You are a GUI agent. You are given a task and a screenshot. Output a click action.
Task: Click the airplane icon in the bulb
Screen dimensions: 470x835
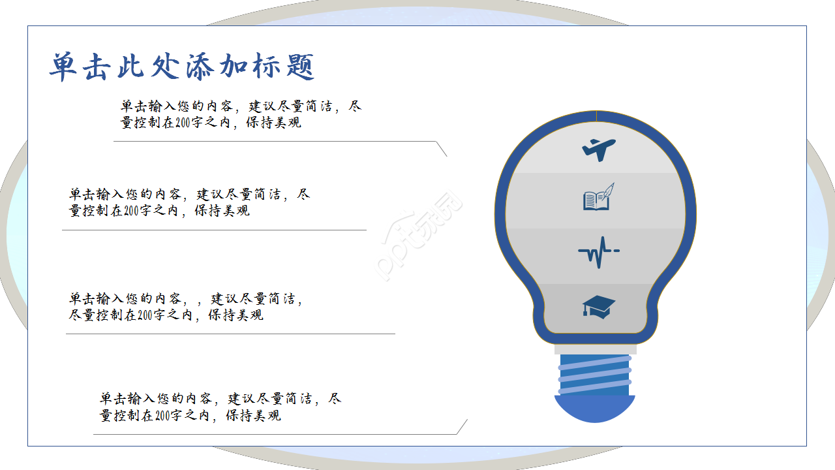pos(599,149)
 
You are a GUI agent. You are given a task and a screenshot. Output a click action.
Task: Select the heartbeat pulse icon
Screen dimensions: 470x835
pos(598,252)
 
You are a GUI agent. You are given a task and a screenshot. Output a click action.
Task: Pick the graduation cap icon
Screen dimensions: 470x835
pos(599,306)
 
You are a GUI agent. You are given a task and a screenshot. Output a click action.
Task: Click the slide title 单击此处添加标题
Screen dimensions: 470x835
pos(182,67)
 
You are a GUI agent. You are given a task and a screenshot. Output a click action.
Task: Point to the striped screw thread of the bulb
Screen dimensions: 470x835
pos(595,375)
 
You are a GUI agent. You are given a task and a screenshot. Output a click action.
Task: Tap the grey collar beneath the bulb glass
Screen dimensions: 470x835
pos(595,349)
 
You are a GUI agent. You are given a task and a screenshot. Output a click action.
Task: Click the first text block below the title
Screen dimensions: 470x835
pos(241,114)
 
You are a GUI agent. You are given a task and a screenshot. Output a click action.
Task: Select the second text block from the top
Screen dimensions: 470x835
pos(189,202)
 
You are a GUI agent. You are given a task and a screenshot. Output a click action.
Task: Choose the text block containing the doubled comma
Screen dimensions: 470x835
pos(186,306)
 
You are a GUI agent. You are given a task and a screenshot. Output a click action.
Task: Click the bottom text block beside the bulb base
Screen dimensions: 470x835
pos(220,407)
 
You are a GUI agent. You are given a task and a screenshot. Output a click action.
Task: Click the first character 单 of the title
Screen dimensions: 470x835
pos(63,67)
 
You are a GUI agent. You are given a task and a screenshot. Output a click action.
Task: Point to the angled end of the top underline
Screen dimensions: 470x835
pos(442,149)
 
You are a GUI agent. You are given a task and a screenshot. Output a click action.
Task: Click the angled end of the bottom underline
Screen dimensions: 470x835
pos(462,426)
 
